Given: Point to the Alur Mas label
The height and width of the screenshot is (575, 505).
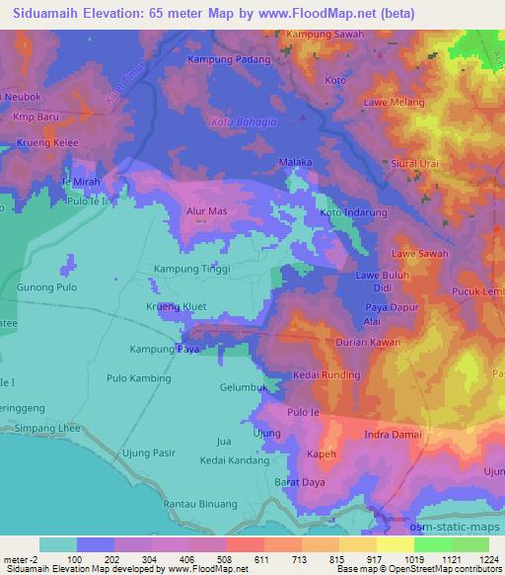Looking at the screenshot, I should (208, 210).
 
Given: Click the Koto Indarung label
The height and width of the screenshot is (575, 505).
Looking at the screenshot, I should (353, 213).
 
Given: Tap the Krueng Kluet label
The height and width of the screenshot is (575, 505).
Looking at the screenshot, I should (176, 307).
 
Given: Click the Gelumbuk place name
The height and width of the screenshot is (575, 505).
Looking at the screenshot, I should (245, 388).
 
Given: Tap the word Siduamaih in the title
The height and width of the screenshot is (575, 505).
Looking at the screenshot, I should (45, 14).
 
